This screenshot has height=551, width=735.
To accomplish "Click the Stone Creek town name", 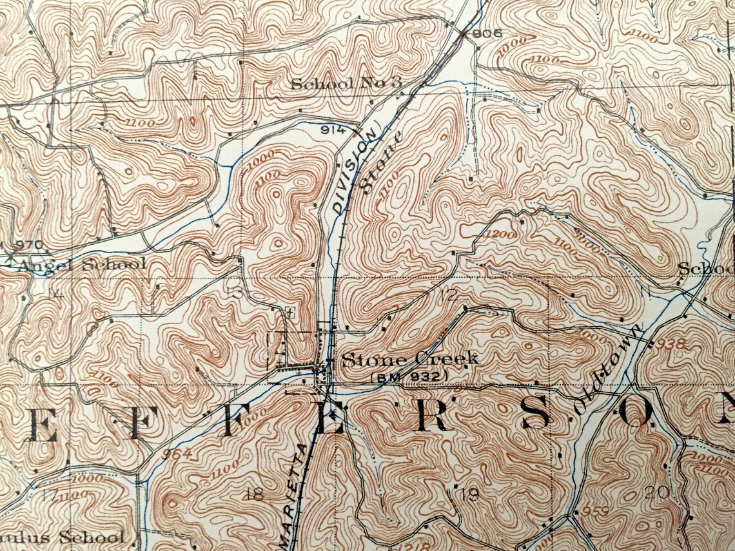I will (410, 360).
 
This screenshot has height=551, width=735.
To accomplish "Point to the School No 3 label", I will (346, 82).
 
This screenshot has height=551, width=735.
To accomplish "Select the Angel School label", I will (82, 264).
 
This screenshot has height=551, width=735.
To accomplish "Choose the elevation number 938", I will (673, 343).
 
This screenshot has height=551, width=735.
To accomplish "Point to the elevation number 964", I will (177, 453).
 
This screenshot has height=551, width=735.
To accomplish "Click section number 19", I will (469, 494).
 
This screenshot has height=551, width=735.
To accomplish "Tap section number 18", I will (255, 494).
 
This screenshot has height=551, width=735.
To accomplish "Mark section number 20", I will (657, 492).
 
